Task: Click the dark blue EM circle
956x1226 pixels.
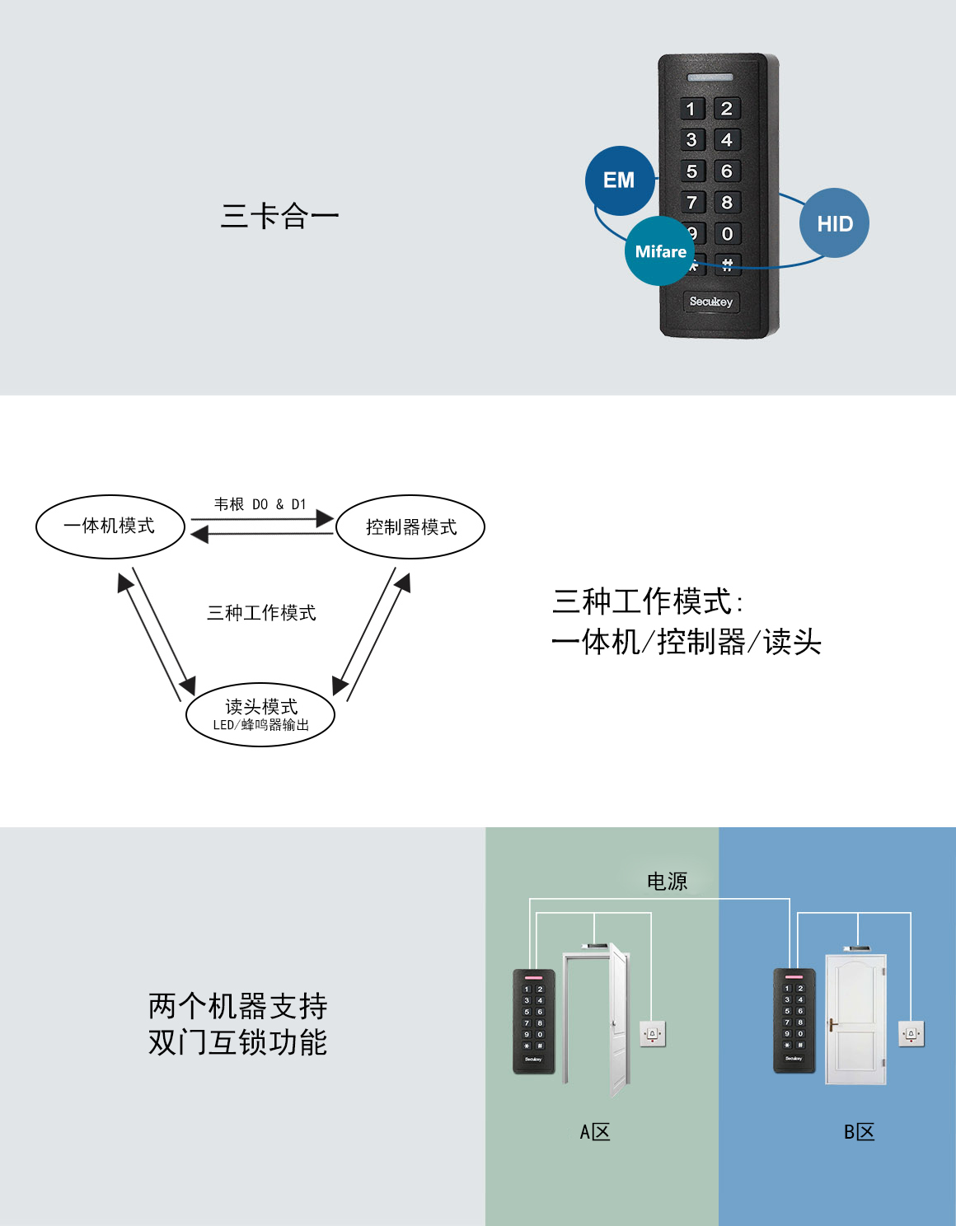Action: coord(620,180)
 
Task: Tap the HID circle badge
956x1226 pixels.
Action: coord(834,223)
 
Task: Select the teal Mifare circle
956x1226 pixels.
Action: coord(659,251)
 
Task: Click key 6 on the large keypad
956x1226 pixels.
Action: coord(727,171)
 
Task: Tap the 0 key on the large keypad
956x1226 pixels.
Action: coord(727,234)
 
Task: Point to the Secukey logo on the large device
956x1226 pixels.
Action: coord(710,302)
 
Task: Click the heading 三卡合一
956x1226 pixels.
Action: coord(279,217)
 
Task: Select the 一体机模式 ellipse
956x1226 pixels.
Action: coord(110,526)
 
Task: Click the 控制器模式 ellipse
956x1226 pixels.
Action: coord(410,527)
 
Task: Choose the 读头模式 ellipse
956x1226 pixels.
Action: coord(260,714)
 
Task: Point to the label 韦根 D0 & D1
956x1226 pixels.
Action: coord(260,504)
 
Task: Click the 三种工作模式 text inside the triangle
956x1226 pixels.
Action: coord(261,613)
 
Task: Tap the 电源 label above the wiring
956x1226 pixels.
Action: coord(667,882)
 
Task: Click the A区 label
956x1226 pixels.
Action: coord(595,1132)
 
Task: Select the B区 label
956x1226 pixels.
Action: coord(859,1132)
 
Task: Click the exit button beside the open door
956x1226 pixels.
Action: coord(653,1033)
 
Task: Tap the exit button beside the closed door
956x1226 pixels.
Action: coord(911,1033)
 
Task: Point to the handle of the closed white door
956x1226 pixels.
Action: coord(833,1026)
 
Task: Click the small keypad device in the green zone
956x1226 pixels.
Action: coord(533,1022)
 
